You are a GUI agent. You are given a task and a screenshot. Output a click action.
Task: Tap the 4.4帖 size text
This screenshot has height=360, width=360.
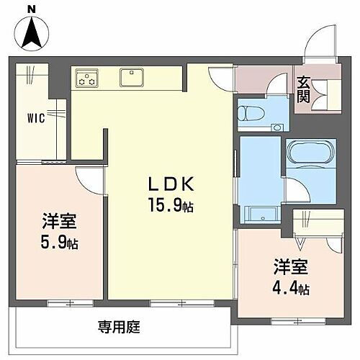click(x=291, y=289)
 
